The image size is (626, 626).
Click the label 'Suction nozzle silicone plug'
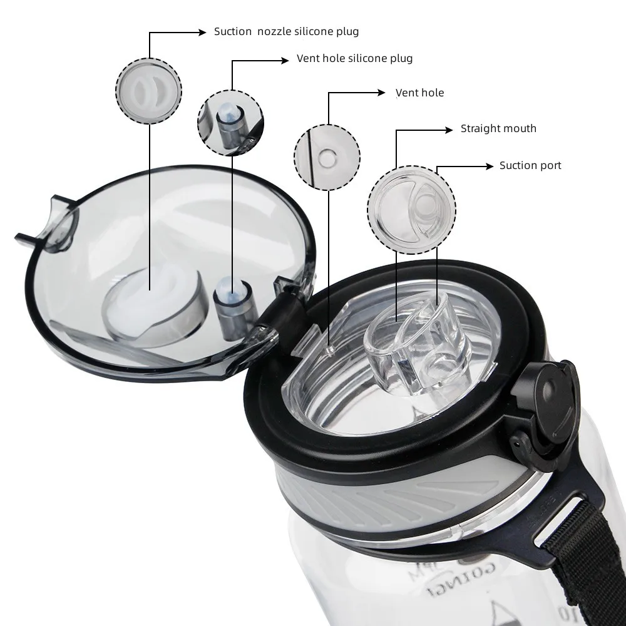pyautogui.click(x=286, y=31)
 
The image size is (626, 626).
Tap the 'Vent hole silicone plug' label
pyautogui.click(x=354, y=59)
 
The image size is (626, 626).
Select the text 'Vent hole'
pyautogui.click(x=419, y=93)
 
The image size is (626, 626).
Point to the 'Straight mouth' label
pyautogui.click(x=498, y=128)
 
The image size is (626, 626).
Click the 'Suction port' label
pyautogui.click(x=530, y=165)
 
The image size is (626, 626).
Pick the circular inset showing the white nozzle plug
pyautogui.click(x=148, y=91)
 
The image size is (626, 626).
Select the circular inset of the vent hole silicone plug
pyautogui.click(x=230, y=123)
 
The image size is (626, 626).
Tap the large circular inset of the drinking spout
pyautogui.click(x=411, y=209)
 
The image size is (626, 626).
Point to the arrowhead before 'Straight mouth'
pyautogui.click(x=448, y=129)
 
